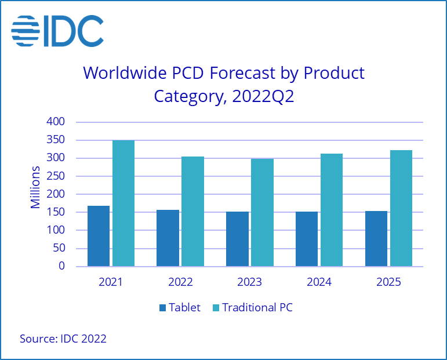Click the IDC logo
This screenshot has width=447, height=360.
click(x=57, y=30)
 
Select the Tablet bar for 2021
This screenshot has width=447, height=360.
click(x=99, y=236)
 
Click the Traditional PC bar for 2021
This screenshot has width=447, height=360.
click(x=123, y=203)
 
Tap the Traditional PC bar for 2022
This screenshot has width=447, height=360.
click(x=192, y=212)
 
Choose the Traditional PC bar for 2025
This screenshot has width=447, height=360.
click(x=401, y=209)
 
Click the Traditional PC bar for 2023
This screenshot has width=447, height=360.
click(x=262, y=213)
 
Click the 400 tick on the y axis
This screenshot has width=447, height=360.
click(x=57, y=122)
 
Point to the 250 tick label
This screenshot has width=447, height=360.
click(x=57, y=176)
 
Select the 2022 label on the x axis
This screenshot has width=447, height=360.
click(x=180, y=283)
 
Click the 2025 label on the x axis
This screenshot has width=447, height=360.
click(x=388, y=283)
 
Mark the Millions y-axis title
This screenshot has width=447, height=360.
click(x=36, y=187)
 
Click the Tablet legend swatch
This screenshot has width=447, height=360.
click(x=162, y=308)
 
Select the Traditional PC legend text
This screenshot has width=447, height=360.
click(x=257, y=308)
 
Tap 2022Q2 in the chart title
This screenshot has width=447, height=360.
click(x=263, y=96)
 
